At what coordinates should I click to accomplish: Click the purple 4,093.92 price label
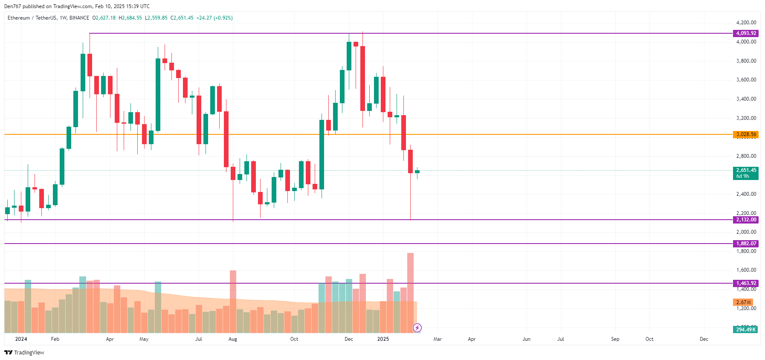pyautogui.click(x=746, y=33)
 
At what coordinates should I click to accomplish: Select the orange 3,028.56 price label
pyautogui.click(x=746, y=134)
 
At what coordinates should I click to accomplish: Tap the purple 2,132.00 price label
pyautogui.click(x=746, y=220)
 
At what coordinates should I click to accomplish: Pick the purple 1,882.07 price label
pyautogui.click(x=746, y=244)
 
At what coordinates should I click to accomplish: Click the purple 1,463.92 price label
pyautogui.click(x=746, y=283)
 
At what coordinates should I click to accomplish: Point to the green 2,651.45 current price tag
pyautogui.click(x=746, y=173)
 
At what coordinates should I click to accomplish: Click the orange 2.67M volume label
pyautogui.click(x=743, y=302)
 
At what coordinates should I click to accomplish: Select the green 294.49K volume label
pyautogui.click(x=745, y=329)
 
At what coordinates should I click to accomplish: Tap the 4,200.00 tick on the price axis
pyautogui.click(x=746, y=23)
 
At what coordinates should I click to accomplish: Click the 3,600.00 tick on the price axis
pyautogui.click(x=746, y=80)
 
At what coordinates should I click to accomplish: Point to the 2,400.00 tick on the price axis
pyautogui.click(x=746, y=194)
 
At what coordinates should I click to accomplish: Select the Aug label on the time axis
pyautogui.click(x=233, y=339)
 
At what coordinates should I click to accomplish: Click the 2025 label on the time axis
pyautogui.click(x=383, y=339)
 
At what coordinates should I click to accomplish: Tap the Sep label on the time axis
pyautogui.click(x=615, y=339)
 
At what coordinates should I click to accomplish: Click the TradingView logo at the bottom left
pyautogui.click(x=24, y=352)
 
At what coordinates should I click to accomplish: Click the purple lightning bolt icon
pyautogui.click(x=417, y=328)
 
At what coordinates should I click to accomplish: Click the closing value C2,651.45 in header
pyautogui.click(x=182, y=18)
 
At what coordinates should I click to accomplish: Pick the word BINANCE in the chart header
pyautogui.click(x=79, y=18)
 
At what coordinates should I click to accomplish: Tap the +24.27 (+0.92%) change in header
pyautogui.click(x=214, y=18)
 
